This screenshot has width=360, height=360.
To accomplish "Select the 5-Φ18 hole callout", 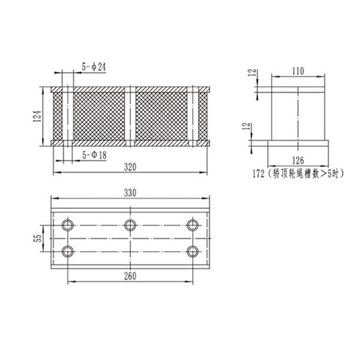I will [96, 154].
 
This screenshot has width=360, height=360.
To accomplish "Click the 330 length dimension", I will [130, 194].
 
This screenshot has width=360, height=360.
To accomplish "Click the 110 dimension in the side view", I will [299, 71].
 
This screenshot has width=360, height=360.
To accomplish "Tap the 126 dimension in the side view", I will [299, 161].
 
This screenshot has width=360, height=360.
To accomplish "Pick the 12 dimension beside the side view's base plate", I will [248, 127].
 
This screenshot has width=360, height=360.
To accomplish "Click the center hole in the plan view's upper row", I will [130, 225].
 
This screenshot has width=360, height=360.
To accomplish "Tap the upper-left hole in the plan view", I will [68, 225].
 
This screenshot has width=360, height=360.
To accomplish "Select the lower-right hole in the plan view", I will [192, 251].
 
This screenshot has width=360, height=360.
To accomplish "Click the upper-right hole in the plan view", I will [192, 225].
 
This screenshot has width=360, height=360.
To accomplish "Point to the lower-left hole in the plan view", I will [68, 251].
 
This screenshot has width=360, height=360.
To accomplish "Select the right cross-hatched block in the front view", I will [161, 117].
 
